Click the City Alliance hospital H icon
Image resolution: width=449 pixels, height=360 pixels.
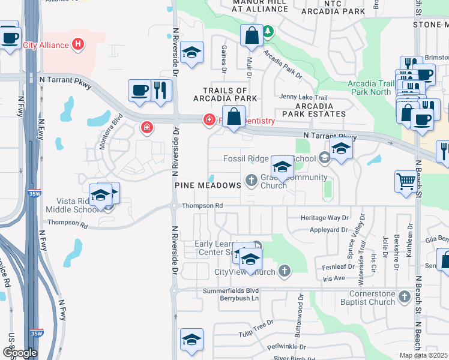[77, 44]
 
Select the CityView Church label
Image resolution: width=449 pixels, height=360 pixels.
[245, 272]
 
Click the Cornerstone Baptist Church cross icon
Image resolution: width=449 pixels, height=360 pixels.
[405, 296]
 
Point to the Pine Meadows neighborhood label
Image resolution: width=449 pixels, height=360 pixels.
[208, 185]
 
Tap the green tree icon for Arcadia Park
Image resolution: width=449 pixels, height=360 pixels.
[268, 31]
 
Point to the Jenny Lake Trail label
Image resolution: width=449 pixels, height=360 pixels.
[303, 97]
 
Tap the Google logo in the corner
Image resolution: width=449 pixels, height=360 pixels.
[19, 353]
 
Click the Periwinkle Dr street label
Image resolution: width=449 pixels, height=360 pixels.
[286, 347]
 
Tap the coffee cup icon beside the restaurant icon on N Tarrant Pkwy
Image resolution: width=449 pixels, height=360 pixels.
[139, 90]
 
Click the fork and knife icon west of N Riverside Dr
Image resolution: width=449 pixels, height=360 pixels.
[160, 90]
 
